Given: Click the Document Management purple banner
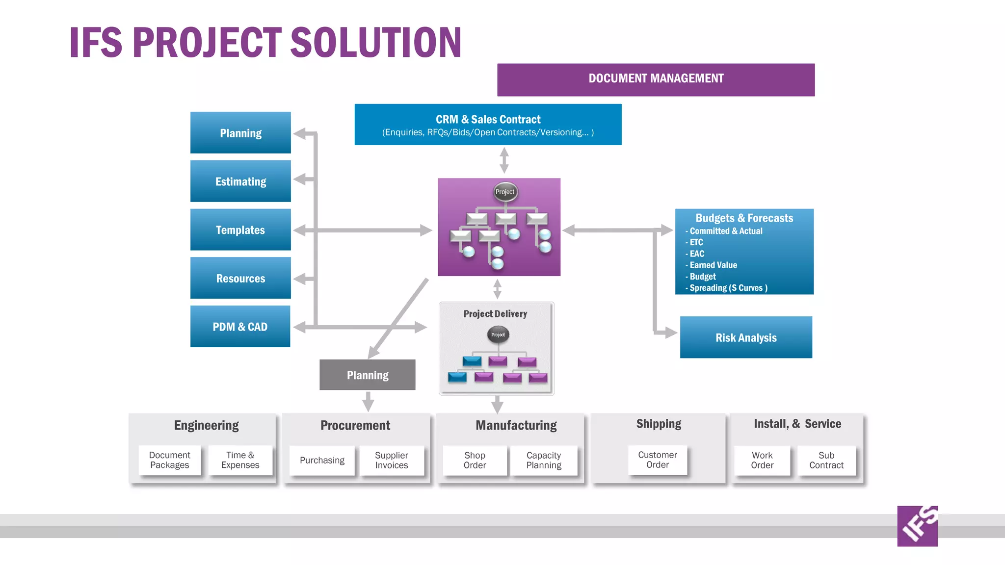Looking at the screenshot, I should tap(656, 79).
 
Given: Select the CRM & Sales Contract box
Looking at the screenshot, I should tap(488, 125).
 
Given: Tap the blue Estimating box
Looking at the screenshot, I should tap(240, 181).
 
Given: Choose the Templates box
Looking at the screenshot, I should tap(240, 230).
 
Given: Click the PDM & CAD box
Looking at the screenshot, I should tap(240, 327).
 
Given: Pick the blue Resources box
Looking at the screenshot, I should tap(240, 278).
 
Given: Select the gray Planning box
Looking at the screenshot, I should tap(367, 375).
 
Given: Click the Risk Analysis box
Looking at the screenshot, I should tap(746, 337).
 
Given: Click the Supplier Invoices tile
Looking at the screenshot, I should tap(391, 460).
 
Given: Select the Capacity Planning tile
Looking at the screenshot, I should tap(544, 460).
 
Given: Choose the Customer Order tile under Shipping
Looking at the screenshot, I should tap(657, 460).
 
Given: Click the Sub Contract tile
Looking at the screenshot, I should tap(826, 460).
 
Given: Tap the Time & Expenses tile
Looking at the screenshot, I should tap(240, 460).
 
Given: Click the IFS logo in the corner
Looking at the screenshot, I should tap(917, 526).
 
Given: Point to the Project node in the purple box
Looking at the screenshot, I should tap(505, 192).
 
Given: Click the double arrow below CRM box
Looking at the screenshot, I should tap(504, 160).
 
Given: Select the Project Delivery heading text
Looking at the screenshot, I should tap(495, 314).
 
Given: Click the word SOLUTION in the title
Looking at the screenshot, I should tap(376, 43).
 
